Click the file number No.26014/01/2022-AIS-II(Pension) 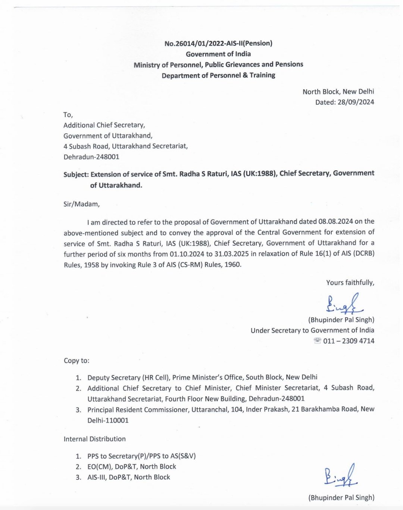(218, 43)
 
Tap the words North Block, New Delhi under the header (338, 91)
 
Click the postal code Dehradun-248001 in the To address (91, 157)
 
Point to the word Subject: (76, 174)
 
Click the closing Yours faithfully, (350, 283)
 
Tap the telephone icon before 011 (318, 341)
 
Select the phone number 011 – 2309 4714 (349, 341)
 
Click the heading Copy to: (76, 361)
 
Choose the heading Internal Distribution (95, 439)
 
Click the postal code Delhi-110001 (108, 420)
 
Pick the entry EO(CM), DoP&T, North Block (132, 466)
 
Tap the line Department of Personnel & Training (218, 75)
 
